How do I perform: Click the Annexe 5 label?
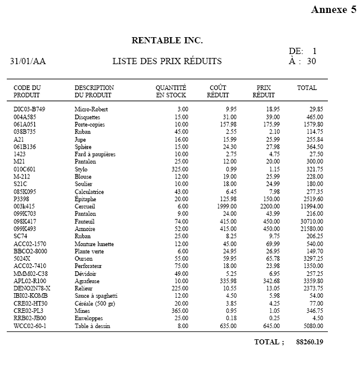(x=333, y=10)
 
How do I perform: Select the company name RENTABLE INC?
(x=167, y=41)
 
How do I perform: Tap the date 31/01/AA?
(x=28, y=61)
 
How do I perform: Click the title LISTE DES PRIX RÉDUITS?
(x=167, y=61)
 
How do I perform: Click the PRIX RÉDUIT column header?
(x=264, y=91)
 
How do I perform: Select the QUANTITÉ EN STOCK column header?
(x=171, y=91)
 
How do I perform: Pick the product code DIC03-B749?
(x=29, y=109)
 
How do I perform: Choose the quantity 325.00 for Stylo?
(x=179, y=169)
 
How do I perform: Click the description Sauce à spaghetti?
(x=96, y=295)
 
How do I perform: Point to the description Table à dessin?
(x=93, y=326)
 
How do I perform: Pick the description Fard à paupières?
(x=95, y=154)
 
